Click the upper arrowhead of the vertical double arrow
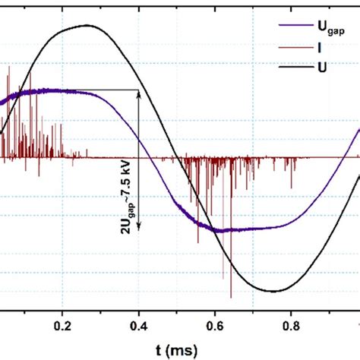139,93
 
